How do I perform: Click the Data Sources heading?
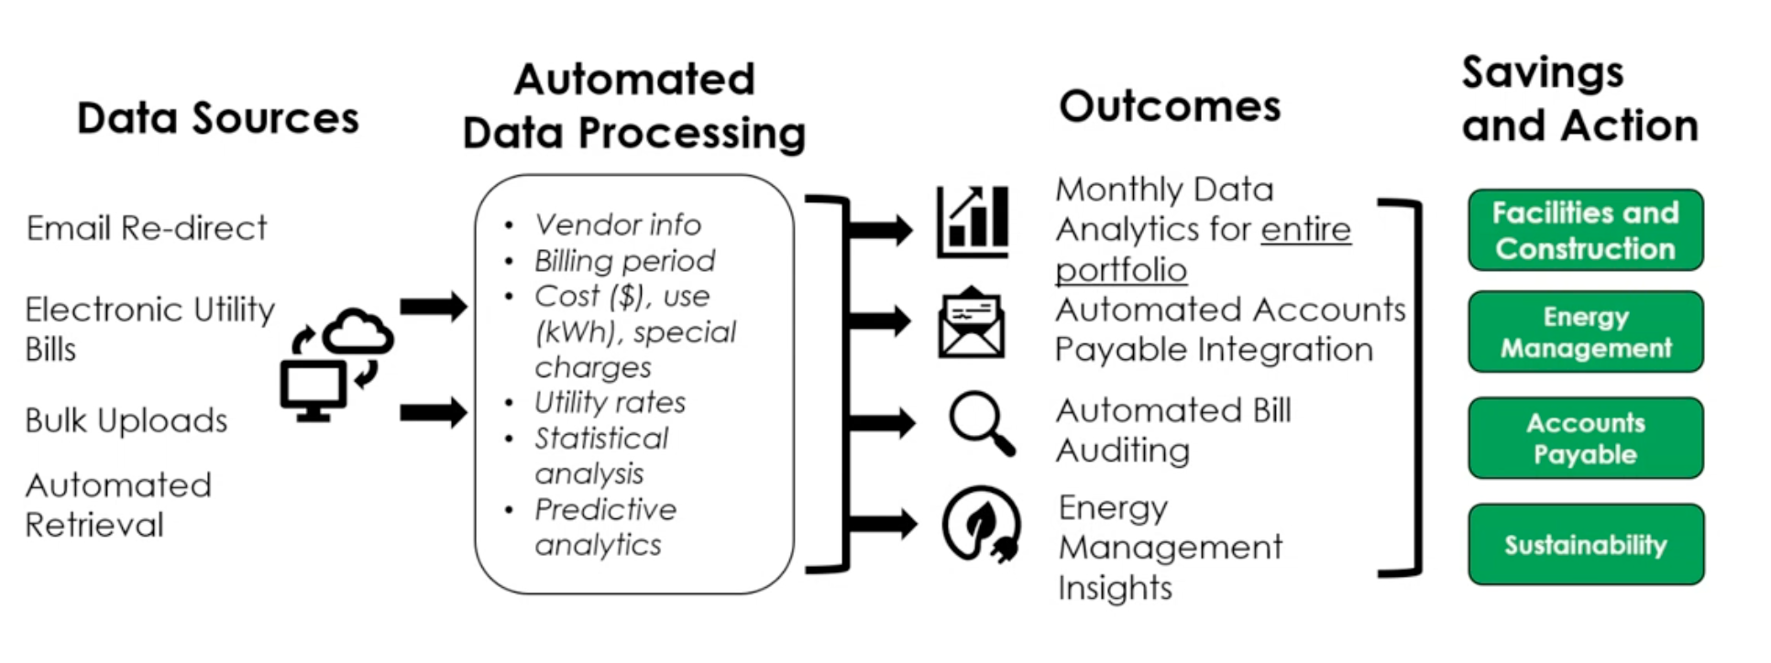[218, 118]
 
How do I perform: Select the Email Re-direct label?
[147, 228]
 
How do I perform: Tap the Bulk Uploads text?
[126, 420]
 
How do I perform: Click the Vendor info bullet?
[617, 224]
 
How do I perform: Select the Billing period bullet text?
[624, 261]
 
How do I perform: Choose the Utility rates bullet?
[610, 403]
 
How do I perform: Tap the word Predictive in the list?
[605, 509]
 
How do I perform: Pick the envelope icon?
[972, 323]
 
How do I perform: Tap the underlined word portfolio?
[1121, 270]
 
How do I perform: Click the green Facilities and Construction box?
[1585, 230]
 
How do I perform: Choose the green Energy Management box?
[1585, 331]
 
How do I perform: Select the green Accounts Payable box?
[1585, 438]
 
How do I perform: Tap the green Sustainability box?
[1585, 544]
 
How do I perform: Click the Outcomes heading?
[1170, 106]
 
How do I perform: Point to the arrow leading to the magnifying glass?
[882, 423]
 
